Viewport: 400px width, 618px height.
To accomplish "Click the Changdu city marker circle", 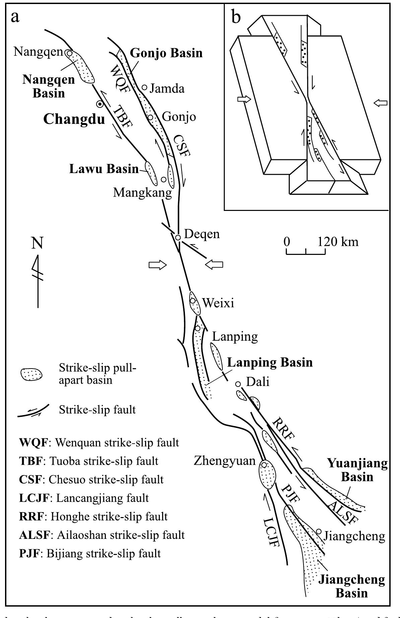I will pyautogui.click(x=99, y=104).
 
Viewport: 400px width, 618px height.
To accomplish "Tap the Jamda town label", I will pyautogui.click(x=167, y=89).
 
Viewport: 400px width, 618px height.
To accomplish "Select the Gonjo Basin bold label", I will pyautogui.click(x=166, y=53).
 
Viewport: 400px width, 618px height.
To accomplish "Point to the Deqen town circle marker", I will pyautogui.click(x=178, y=237).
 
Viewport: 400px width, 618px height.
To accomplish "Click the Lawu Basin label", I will pyautogui.click(x=104, y=169).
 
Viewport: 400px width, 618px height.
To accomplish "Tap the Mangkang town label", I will pyautogui.click(x=142, y=192).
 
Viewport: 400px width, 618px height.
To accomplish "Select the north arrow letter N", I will pyautogui.click(x=37, y=243).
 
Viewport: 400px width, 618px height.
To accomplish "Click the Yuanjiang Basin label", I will pyautogui.click(x=357, y=470).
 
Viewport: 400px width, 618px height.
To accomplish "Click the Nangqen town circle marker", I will pyautogui.click(x=69, y=53).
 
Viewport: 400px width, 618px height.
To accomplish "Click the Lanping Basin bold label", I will pyautogui.click(x=270, y=362).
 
